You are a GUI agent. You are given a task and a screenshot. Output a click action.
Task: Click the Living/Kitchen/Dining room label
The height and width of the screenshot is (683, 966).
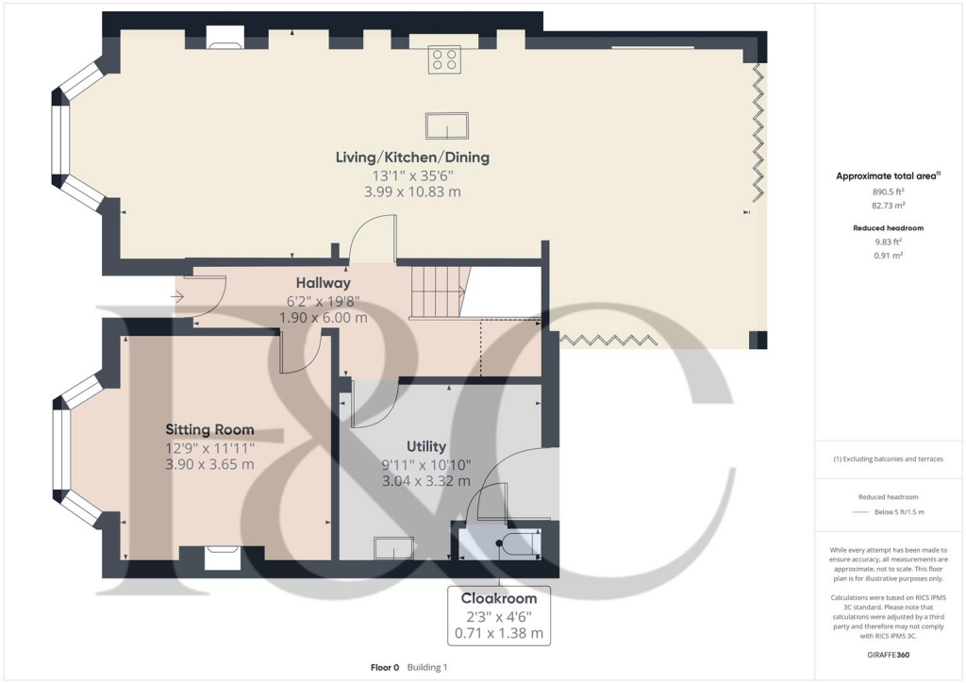click(x=412, y=157)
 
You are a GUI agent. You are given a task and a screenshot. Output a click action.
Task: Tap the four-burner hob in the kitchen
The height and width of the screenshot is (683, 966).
click(x=445, y=60)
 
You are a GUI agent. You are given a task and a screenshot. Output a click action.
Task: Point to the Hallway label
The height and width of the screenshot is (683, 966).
click(x=323, y=282)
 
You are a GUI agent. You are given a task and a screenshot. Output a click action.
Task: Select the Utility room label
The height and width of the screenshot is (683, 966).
click(x=426, y=446)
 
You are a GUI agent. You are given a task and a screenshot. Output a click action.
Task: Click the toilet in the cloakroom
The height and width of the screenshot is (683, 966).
click(x=516, y=545)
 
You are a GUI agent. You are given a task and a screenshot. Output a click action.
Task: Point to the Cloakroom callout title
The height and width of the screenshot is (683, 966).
click(x=498, y=598)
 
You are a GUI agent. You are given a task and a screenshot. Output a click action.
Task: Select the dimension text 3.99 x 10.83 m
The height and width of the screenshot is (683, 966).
click(x=412, y=192)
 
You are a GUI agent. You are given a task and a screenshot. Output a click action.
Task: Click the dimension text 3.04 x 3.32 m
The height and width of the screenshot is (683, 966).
click(x=426, y=481)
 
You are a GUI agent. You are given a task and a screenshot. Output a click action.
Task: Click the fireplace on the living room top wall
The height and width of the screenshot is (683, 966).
click(x=225, y=39)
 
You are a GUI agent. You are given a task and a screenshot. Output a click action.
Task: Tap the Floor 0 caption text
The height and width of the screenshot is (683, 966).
click(x=386, y=667)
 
